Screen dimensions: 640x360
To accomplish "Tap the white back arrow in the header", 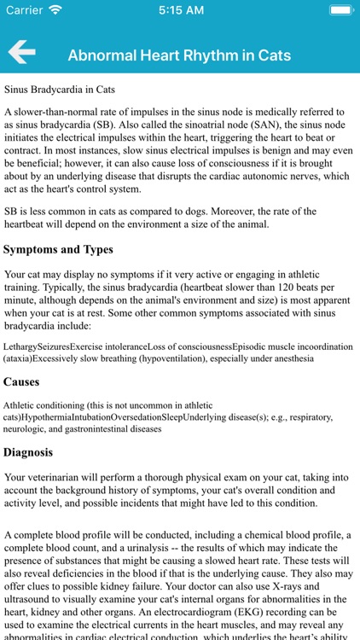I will click(22, 53).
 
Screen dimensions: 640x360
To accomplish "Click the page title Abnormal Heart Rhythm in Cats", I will click(179, 55).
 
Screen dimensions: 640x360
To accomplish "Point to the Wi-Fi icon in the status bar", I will click(55, 10).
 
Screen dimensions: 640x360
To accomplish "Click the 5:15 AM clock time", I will click(179, 10).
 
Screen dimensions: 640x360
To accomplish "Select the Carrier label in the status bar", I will click(24, 10).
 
